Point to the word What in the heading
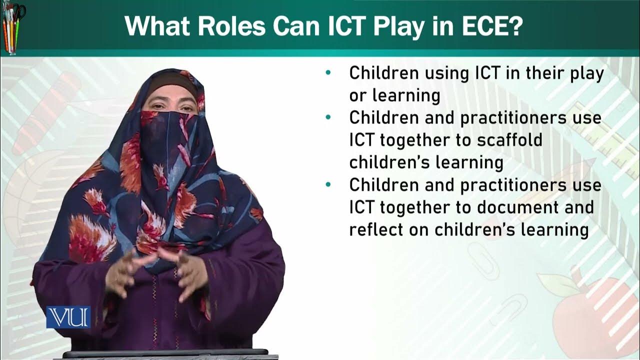pyautogui.click(x=160, y=26)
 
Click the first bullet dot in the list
pyautogui.click(x=328, y=73)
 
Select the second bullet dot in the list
pyautogui.click(x=328, y=117)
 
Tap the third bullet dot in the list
pyautogui.click(x=328, y=185)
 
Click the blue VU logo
pyautogui.click(x=68, y=317)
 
